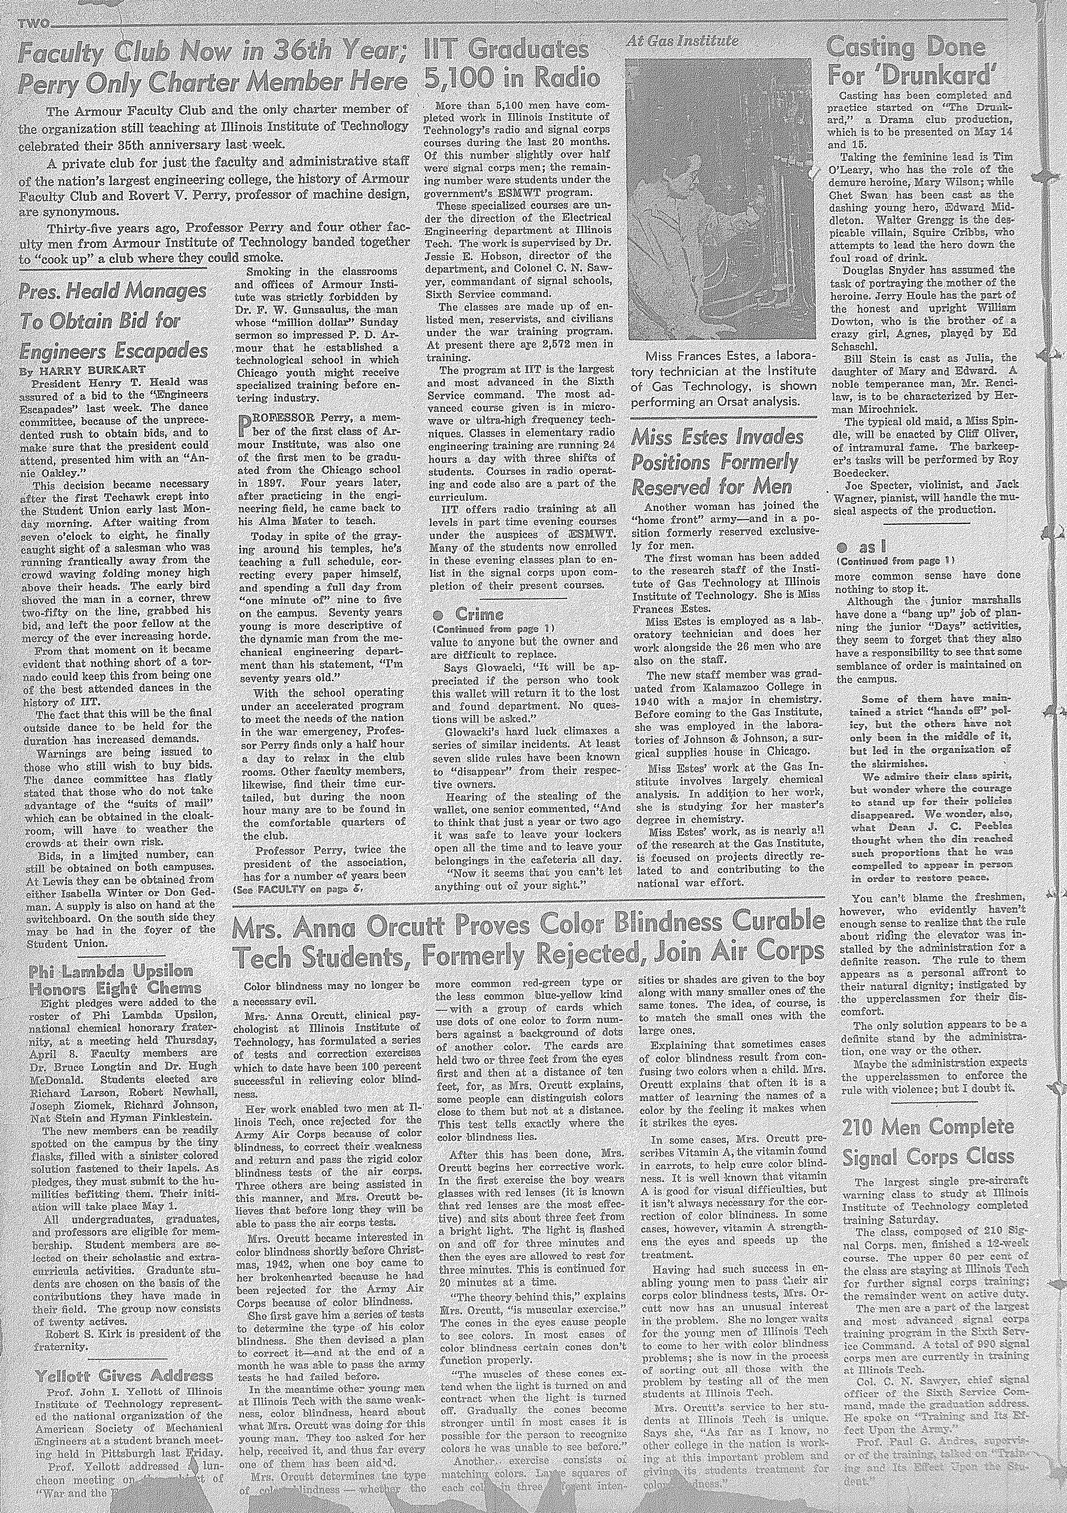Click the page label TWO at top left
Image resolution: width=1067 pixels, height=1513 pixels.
pyautogui.click(x=34, y=25)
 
